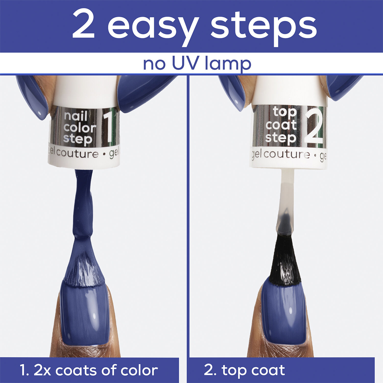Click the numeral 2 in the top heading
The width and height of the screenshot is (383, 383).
(x=83, y=25)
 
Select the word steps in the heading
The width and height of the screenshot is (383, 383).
(x=263, y=28)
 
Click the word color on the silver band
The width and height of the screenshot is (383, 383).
(x=80, y=128)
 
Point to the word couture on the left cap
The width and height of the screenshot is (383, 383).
(x=77, y=153)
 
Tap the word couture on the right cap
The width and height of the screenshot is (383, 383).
(x=286, y=154)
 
